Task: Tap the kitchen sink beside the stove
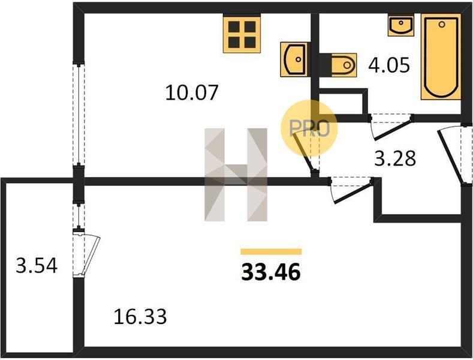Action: pyautogui.click(x=294, y=59)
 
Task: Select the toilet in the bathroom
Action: pyautogui.click(x=344, y=65)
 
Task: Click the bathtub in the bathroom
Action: pyautogui.click(x=441, y=57)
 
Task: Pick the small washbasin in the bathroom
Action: pyautogui.click(x=400, y=25)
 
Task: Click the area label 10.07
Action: pyautogui.click(x=192, y=92)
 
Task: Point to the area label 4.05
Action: pyautogui.click(x=389, y=65)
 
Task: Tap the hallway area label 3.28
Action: pyautogui.click(x=395, y=158)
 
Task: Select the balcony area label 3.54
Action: pyautogui.click(x=37, y=266)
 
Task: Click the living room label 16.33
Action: pyautogui.click(x=140, y=317)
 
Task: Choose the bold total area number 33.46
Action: pyautogui.click(x=271, y=272)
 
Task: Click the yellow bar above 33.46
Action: pyautogui.click(x=271, y=251)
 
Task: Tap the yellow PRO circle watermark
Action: pyautogui.click(x=309, y=128)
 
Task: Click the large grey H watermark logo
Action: pyautogui.click(x=236, y=175)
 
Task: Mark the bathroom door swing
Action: pyautogui.click(x=391, y=127)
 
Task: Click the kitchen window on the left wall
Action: pyautogui.click(x=79, y=114)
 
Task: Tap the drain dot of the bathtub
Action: pyautogui.click(x=442, y=25)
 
